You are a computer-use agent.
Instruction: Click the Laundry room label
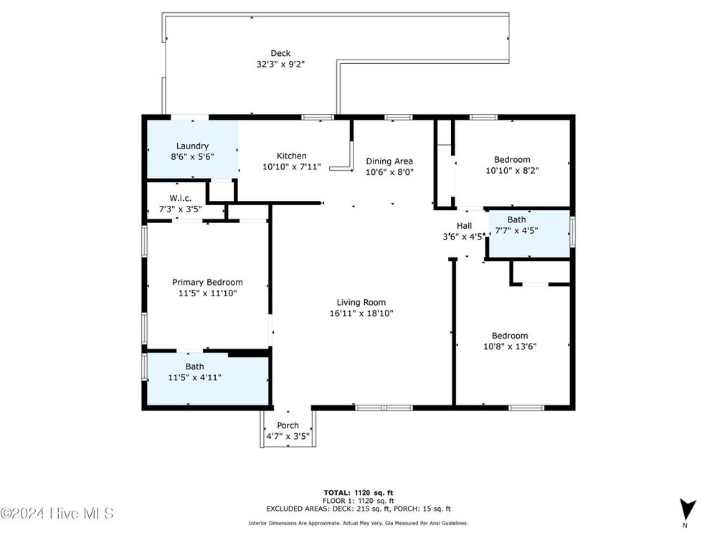point(192,146)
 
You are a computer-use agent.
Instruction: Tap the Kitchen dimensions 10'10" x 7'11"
point(292,167)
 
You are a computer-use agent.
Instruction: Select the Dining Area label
point(389,161)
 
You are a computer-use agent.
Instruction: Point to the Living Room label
point(361,303)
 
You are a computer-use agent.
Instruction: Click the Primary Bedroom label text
point(208,282)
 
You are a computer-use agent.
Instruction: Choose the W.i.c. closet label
point(181,198)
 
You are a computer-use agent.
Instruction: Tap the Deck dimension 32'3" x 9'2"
point(280,65)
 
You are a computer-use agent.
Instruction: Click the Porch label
point(288,425)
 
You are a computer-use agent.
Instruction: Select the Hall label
point(464,225)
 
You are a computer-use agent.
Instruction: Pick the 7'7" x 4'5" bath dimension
point(517,230)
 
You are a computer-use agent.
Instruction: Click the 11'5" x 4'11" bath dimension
point(195,377)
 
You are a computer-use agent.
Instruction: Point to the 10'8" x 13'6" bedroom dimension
point(510,346)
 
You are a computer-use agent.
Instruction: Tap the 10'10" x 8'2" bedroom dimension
point(512,171)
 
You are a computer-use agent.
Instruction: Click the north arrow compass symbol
point(687,509)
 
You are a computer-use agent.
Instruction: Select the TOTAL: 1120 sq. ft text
point(358,493)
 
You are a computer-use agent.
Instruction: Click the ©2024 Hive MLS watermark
point(57,514)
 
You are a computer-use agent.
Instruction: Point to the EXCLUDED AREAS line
point(358,509)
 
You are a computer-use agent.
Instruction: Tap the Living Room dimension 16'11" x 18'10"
point(361,313)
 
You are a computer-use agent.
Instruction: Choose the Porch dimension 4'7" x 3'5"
point(288,436)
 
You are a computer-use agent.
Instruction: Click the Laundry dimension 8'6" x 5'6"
point(192,157)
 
